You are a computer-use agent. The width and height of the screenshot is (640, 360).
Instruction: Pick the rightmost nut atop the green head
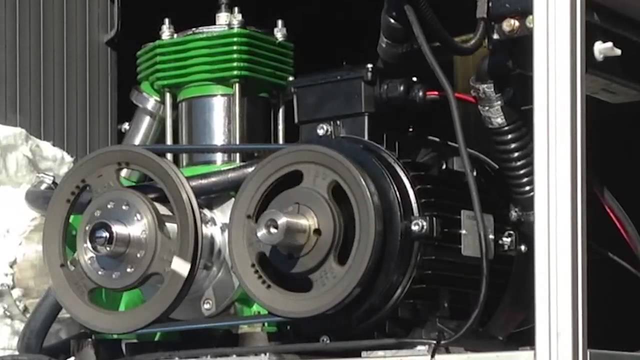pos(280,30)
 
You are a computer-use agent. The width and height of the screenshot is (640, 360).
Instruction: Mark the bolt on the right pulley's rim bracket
pos(417,226)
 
